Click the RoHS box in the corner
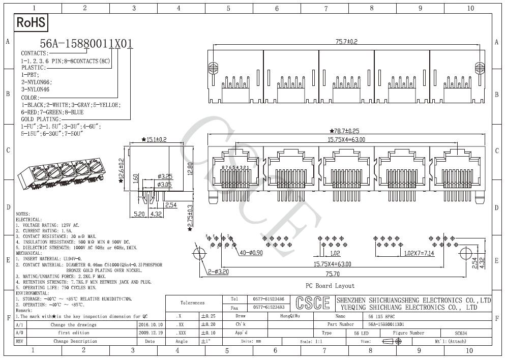31,22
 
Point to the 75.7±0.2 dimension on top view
346,42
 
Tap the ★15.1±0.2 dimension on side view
154,139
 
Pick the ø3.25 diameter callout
165,176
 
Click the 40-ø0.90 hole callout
251,253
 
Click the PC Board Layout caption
330,286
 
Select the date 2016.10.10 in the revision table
151,324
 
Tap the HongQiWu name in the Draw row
290,316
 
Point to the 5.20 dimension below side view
138,214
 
